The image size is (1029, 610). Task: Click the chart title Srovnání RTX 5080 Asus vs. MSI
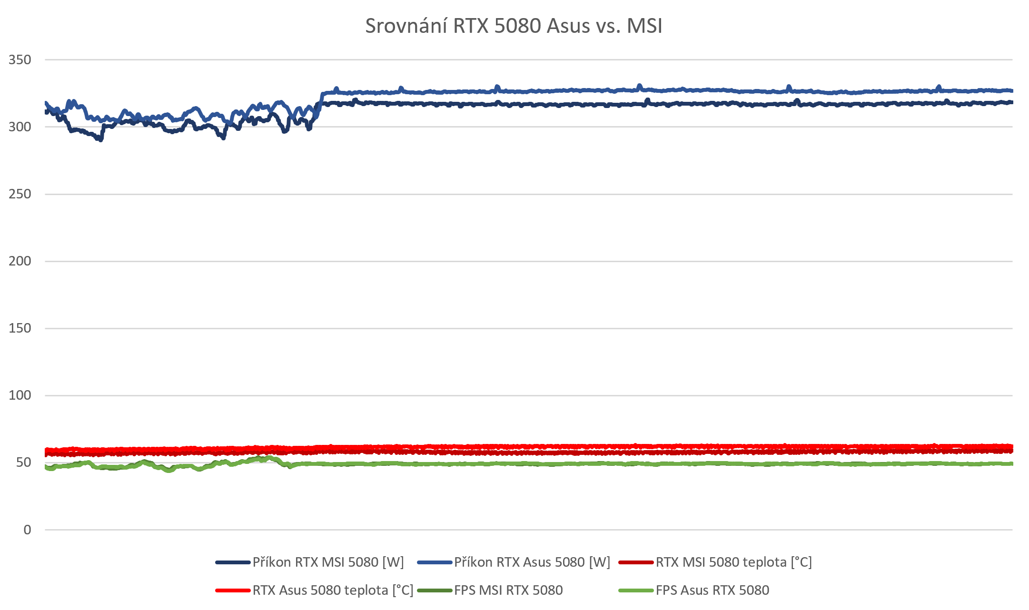tap(514, 26)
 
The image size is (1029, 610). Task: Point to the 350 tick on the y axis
tap(20, 60)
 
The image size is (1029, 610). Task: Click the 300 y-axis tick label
tap(20, 127)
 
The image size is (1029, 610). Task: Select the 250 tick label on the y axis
tap(20, 194)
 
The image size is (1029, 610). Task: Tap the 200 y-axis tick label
tap(20, 261)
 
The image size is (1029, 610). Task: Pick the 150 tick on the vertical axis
tap(20, 328)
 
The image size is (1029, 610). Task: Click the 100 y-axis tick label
tap(20, 395)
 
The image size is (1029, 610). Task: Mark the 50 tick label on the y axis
tap(24, 462)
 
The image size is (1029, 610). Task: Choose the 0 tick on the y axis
tap(28, 530)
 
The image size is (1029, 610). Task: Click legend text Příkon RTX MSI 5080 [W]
tap(328, 562)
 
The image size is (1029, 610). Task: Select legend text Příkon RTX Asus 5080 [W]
tap(532, 562)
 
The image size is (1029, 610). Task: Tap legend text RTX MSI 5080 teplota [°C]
tap(733, 562)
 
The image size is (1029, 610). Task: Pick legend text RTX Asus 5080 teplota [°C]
tap(333, 590)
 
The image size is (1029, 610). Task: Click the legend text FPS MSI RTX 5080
tap(508, 590)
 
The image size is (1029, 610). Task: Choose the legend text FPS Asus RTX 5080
tap(712, 590)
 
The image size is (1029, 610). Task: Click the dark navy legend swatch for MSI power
tap(233, 562)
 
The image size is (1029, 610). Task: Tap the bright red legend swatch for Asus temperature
tap(233, 590)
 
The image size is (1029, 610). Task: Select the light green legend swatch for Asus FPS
tap(636, 590)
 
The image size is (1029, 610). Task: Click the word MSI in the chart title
tap(644, 26)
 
